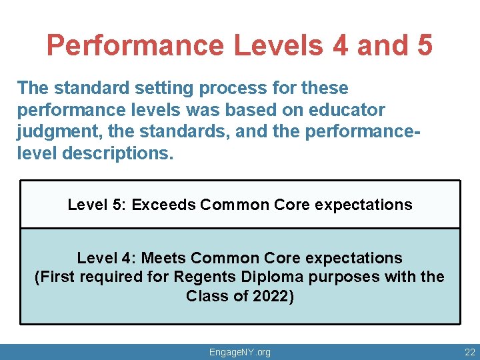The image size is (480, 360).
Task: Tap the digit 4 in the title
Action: pyautogui.click(x=340, y=46)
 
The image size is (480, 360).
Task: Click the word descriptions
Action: pyautogui.click(x=117, y=154)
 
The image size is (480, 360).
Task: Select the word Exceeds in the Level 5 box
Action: pyautogui.click(x=163, y=205)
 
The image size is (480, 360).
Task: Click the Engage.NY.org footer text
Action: pyautogui.click(x=240, y=352)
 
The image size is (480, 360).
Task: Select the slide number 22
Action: pyautogui.click(x=470, y=352)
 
